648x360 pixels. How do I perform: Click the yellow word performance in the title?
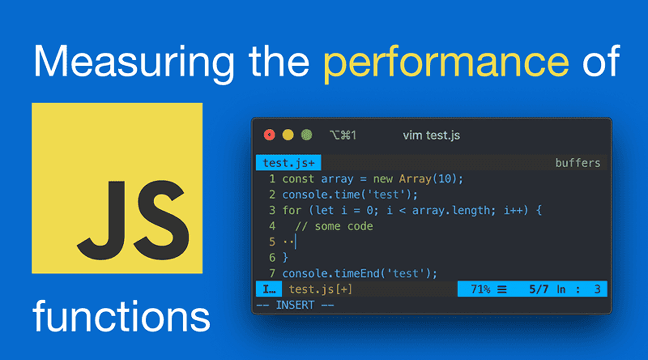click(445, 61)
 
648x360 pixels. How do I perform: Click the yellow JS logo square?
click(117, 188)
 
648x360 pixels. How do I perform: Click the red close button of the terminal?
click(269, 135)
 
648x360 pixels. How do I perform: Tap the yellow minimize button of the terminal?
click(288, 135)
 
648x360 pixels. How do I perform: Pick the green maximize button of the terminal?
click(306, 135)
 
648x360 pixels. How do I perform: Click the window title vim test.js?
click(431, 135)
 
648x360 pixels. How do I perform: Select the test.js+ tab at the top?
click(288, 163)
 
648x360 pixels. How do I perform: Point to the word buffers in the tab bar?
click(578, 163)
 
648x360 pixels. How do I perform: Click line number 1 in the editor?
click(272, 179)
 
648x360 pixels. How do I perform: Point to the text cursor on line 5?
click(295, 242)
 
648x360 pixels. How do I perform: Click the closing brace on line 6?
click(285, 257)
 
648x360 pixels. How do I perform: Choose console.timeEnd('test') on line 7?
click(360, 273)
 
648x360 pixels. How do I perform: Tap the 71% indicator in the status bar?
click(481, 289)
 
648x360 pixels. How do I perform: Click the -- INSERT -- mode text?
click(295, 305)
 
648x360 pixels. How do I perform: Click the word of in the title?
click(601, 61)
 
